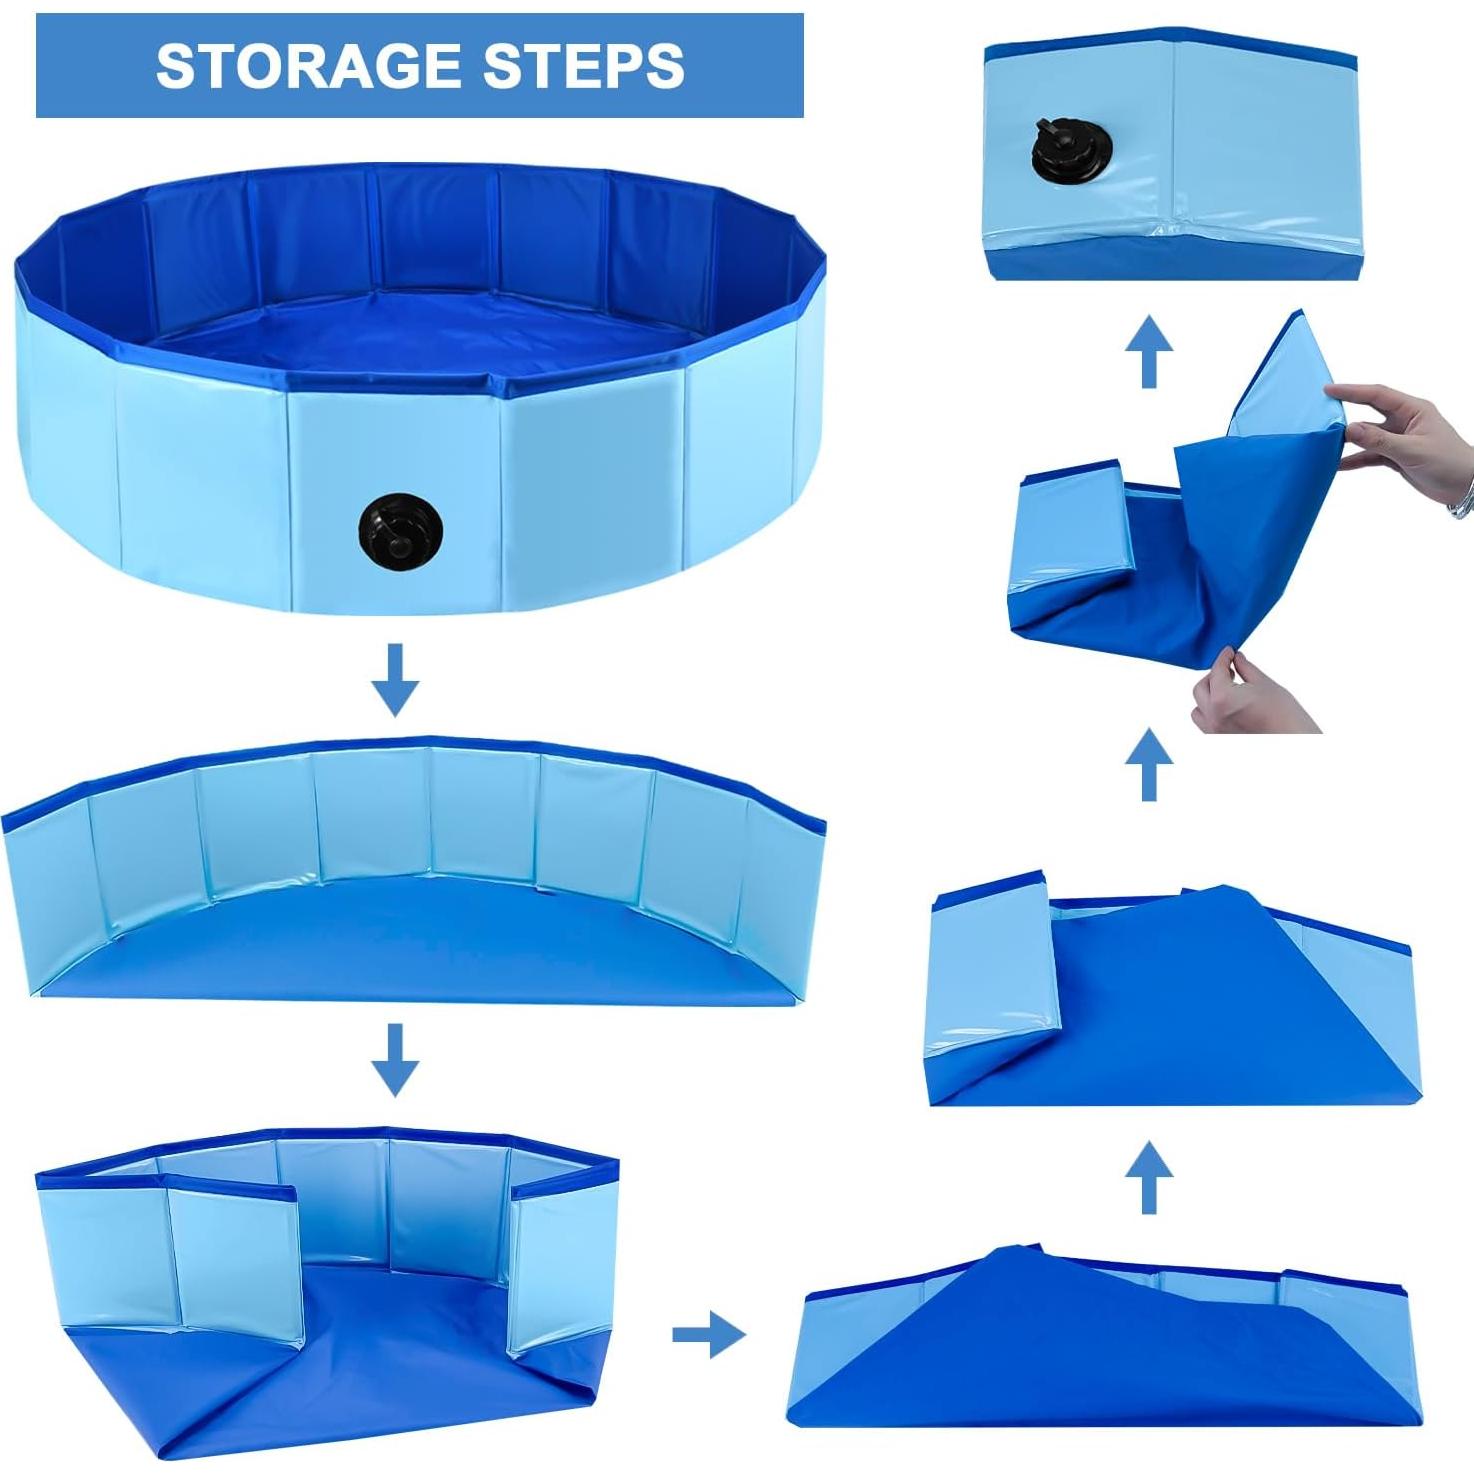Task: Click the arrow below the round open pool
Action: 395,679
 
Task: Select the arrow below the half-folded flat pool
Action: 395,1058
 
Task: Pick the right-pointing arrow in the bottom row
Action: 708,1333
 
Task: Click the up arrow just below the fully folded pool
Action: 1148,351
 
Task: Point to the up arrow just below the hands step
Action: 1148,764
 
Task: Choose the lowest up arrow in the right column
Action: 1148,1177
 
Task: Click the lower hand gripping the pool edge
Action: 1250,690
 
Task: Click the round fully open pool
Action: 420,390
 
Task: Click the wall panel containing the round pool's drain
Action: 395,500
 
